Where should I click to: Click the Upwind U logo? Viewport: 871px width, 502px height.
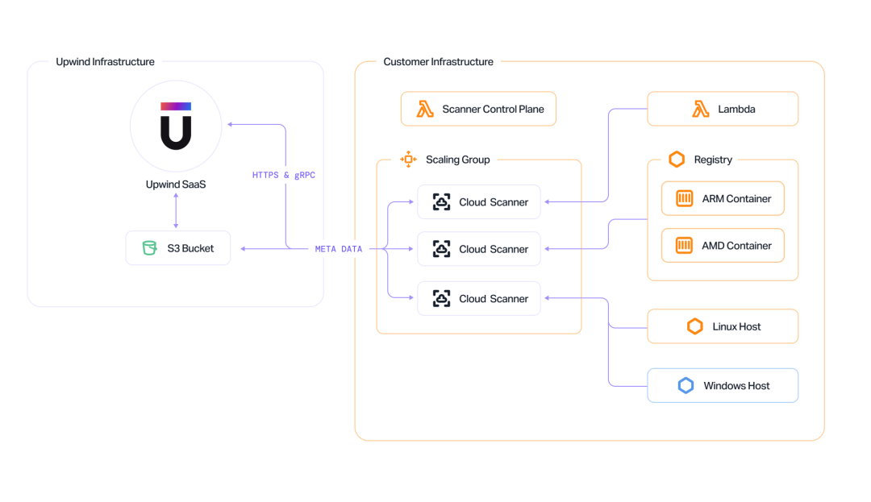pos(176,126)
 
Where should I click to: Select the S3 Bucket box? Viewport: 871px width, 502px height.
pos(177,248)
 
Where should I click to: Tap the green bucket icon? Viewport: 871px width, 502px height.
pos(149,248)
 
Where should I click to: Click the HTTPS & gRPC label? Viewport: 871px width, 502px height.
pos(283,176)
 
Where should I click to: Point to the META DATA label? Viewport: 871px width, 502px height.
pos(338,249)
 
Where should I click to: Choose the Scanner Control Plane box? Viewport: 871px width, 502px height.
pos(478,109)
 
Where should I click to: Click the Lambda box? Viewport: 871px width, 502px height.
pos(723,109)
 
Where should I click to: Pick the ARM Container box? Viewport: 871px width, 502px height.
pos(723,198)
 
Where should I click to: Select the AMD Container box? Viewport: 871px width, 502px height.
pos(723,245)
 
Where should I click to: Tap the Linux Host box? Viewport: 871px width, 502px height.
pos(723,326)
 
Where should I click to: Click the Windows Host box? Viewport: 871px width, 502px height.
pos(723,385)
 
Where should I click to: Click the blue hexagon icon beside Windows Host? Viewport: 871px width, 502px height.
pos(686,385)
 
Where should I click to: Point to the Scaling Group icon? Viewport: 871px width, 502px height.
pos(408,160)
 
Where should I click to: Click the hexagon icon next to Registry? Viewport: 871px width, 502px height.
pos(677,160)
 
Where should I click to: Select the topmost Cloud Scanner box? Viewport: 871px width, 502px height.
pos(479,202)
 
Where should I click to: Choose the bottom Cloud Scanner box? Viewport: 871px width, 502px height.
pos(479,298)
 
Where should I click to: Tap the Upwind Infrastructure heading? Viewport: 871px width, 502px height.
pos(105,61)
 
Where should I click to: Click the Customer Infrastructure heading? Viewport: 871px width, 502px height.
pos(438,61)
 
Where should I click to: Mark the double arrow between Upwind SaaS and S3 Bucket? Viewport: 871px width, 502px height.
pos(176,211)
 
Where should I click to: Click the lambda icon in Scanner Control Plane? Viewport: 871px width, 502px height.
pos(425,109)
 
